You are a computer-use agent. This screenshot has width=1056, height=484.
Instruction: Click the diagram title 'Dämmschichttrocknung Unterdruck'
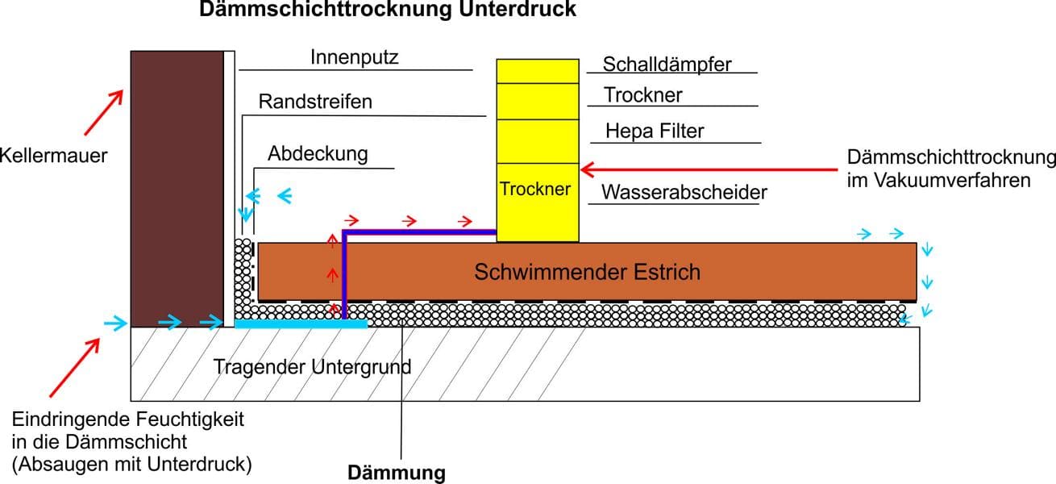click(388, 10)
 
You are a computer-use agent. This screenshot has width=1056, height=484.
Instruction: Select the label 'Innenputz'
click(354, 57)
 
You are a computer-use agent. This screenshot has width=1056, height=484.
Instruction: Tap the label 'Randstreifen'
click(315, 102)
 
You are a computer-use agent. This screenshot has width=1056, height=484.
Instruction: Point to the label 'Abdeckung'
click(318, 153)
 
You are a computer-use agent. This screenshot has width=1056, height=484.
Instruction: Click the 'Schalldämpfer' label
click(667, 65)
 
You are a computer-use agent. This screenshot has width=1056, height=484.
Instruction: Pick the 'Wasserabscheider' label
click(684, 193)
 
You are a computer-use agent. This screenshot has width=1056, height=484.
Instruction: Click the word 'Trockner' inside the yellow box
click(535, 189)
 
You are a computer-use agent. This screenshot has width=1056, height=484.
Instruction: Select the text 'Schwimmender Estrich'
click(587, 272)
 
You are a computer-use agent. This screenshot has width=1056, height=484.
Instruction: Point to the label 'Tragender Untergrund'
click(312, 367)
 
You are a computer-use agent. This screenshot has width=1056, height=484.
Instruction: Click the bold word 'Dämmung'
click(396, 473)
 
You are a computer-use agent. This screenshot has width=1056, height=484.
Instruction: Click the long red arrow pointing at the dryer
click(709, 169)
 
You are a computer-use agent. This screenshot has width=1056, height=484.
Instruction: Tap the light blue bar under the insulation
click(301, 323)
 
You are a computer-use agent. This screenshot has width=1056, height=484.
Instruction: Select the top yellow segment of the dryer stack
click(537, 70)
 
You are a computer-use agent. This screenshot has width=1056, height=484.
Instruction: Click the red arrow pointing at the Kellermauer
click(103, 111)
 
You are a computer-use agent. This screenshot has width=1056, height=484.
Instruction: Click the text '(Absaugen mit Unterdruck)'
click(132, 464)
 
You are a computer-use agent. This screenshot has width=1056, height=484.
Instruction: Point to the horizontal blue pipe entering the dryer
click(419, 232)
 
